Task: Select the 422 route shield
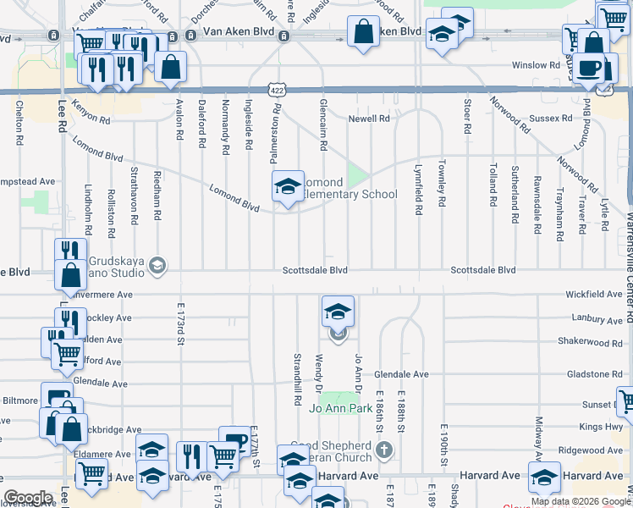pos(277,89)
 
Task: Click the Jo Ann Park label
pos(341,409)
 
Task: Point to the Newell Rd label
pos(369,119)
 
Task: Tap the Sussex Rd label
pos(545,119)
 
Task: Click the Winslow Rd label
pos(536,65)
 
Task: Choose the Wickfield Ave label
pos(594,295)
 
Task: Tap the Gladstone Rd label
pos(594,373)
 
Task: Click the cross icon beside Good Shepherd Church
pos(384,450)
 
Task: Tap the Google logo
pos(28,498)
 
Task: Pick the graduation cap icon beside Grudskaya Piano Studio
pos(157,268)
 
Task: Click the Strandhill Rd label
pos(297,378)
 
